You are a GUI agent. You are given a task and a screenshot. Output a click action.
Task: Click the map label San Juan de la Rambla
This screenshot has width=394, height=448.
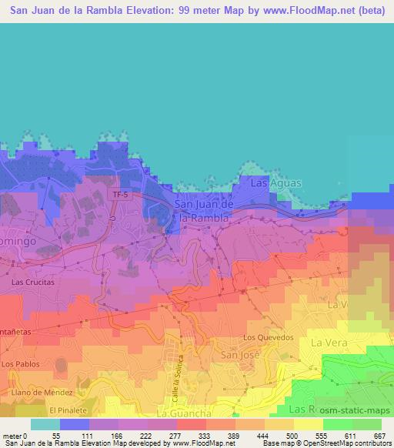pos(204,211)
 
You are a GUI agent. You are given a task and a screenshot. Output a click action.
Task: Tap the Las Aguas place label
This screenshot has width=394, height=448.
pos(275,183)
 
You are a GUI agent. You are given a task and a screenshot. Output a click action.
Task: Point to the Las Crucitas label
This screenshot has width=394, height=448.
pos(33,283)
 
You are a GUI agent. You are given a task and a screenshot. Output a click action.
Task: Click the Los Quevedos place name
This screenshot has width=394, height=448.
pos(269,337)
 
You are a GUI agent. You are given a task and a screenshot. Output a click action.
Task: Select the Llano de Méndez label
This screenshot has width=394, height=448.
pos(36,392)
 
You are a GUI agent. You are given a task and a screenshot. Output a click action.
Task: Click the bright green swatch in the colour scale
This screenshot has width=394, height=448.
pos(338,424)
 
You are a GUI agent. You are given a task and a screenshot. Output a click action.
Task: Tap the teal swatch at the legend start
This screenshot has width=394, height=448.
pos(45,424)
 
